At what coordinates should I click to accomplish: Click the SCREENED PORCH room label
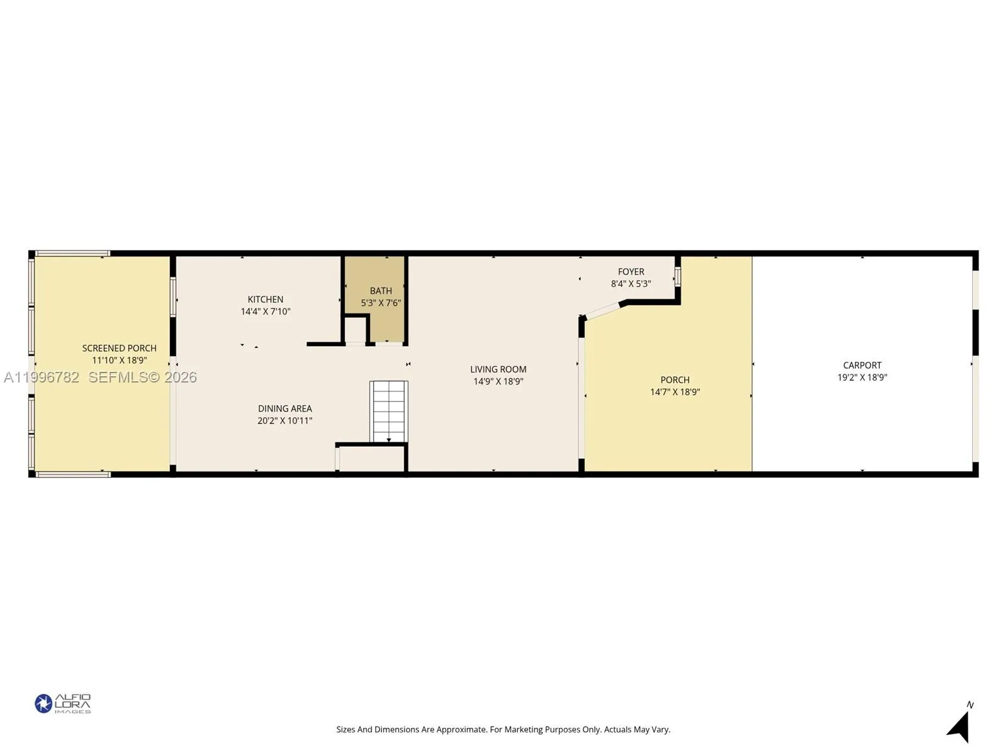[119, 348]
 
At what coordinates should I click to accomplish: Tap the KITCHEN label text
[265, 299]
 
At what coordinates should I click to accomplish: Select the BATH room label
[381, 291]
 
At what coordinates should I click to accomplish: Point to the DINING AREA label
[284, 408]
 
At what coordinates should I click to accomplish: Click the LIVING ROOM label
[498, 369]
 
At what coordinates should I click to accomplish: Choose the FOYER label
[631, 272]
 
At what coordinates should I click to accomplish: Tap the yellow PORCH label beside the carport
[675, 380]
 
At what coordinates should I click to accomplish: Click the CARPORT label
[862, 365]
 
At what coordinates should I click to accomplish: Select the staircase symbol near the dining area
[388, 411]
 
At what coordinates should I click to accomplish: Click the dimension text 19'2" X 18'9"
[862, 377]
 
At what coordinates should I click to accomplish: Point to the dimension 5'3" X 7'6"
[381, 303]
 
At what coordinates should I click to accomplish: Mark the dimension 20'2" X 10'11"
[284, 420]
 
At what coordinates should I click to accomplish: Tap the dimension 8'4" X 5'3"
[631, 284]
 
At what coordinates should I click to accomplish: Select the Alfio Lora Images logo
[63, 703]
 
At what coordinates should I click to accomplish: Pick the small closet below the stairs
[372, 459]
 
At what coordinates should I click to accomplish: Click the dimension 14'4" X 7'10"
[265, 311]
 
